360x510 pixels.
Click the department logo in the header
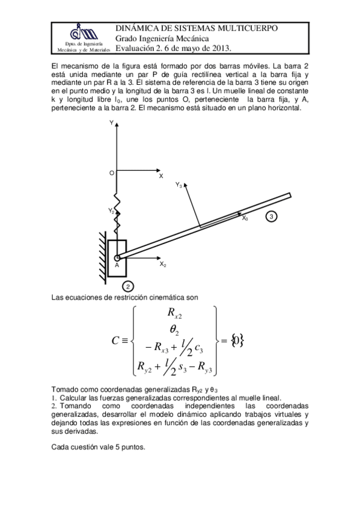[83, 33]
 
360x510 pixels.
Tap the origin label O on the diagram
[111, 173]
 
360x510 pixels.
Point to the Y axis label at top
[111, 123]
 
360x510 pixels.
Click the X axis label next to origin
[160, 176]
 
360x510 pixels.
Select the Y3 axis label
[179, 185]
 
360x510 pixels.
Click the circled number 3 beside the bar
[272, 216]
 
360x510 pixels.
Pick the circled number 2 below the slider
[128, 286]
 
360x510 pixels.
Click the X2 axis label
[163, 264]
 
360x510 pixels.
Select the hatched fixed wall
[103, 255]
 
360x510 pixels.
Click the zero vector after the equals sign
[238, 340]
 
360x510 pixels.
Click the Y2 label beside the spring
[111, 210]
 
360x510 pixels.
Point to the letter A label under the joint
[117, 265]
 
